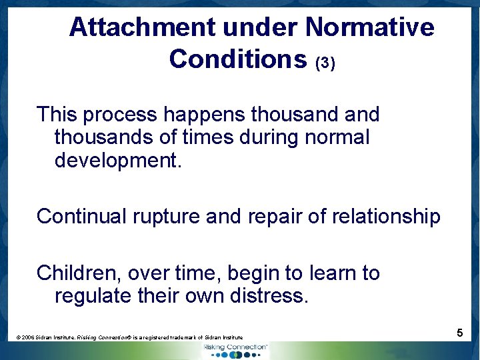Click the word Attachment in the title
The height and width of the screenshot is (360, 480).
click(142, 27)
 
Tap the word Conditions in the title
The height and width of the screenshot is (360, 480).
click(237, 59)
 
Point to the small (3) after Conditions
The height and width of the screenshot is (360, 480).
click(325, 63)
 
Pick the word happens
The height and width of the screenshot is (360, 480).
click(208, 115)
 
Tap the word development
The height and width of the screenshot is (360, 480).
click(117, 161)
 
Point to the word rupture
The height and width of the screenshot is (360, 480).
click(165, 216)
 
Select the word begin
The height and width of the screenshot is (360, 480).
click(253, 273)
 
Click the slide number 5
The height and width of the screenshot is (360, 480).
click(460, 332)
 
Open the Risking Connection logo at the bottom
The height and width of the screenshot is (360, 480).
click(235, 349)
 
